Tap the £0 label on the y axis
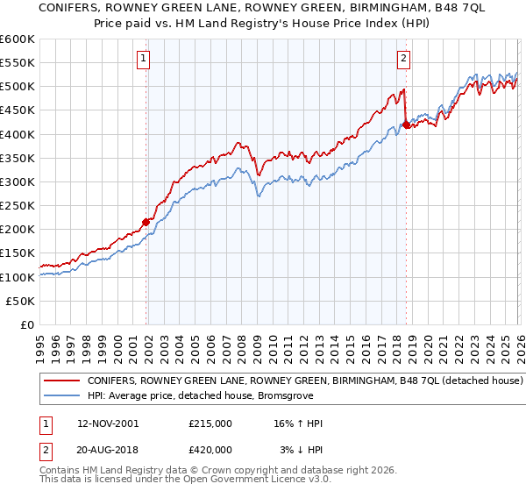coord(27,324)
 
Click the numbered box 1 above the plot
coord(143,60)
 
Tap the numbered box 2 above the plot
coord(403,60)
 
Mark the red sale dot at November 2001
coord(146,222)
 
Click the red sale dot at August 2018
coord(407,125)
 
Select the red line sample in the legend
coord(61,381)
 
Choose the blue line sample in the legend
coord(61,396)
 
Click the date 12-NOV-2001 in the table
coord(108,423)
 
